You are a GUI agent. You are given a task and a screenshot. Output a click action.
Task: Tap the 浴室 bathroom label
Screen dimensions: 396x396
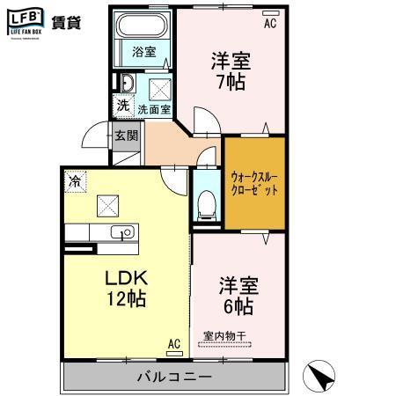coord(144,52)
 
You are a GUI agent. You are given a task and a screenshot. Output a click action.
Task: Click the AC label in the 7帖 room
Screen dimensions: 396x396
coord(270,24)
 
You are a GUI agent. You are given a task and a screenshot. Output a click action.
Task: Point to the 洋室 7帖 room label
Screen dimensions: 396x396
coord(231,71)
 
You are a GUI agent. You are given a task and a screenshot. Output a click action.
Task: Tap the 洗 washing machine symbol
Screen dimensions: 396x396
coord(124,106)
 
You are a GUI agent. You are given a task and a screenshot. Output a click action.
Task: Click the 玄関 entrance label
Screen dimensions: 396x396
coord(126,136)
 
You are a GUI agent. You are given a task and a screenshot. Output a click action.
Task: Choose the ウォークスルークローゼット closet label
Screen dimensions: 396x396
coord(255,181)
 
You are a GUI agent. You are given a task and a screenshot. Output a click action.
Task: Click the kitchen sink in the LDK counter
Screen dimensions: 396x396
coord(124,233)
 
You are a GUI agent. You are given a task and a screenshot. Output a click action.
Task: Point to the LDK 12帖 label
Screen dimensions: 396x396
coord(126,287)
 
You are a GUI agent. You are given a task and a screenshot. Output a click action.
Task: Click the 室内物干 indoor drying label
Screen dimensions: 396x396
coord(225,334)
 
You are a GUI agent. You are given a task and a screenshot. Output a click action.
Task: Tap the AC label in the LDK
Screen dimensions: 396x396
coord(173,343)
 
